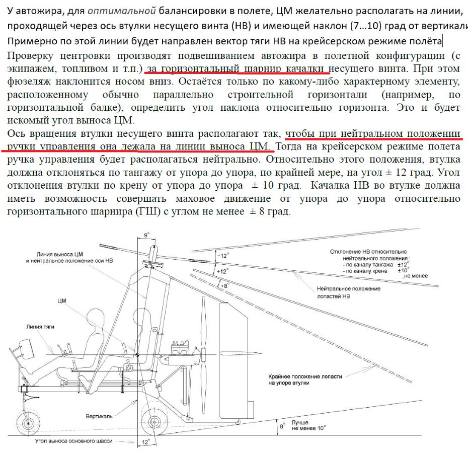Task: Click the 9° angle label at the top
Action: [x=146, y=235]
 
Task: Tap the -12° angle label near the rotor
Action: [x=223, y=256]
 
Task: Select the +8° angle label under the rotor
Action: [x=224, y=285]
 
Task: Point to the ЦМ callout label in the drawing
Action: [x=62, y=301]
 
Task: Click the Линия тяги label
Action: [x=40, y=327]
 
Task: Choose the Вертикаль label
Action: [x=99, y=416]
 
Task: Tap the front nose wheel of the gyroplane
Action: [x=28, y=423]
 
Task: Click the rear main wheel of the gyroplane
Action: [x=153, y=422]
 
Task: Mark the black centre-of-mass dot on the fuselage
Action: [x=137, y=355]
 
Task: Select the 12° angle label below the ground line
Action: [x=145, y=442]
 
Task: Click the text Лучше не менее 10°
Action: [x=308, y=425]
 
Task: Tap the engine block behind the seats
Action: [x=179, y=354]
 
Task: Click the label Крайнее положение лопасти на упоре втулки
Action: [x=305, y=379]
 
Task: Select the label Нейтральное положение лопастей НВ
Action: [x=348, y=292]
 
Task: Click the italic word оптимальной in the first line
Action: [x=122, y=11]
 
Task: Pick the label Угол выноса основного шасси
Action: [x=73, y=441]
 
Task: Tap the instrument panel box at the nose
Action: [x=27, y=349]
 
